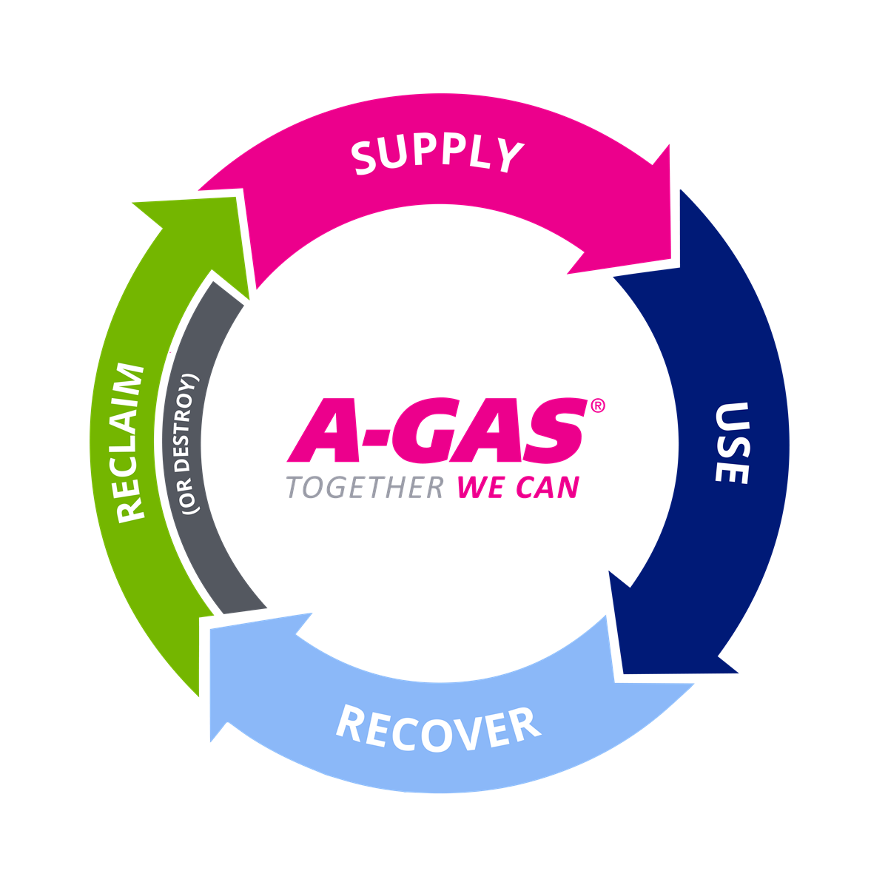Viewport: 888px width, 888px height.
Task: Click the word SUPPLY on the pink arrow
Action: [437, 155]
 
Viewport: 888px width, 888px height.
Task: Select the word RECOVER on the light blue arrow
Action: [438, 729]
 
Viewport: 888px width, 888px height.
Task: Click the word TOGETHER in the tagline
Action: [364, 488]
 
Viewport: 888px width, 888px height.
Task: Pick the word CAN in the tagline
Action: [548, 488]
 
